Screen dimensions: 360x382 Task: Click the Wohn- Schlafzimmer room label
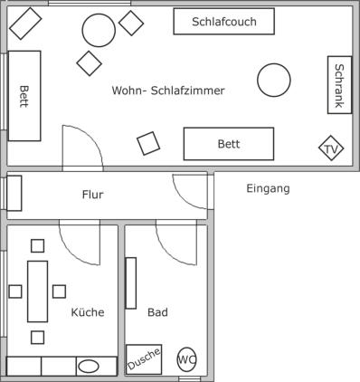click(168, 91)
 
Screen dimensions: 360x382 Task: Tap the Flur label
click(92, 195)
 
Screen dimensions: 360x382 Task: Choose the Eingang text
click(268, 188)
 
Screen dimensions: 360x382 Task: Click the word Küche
click(88, 312)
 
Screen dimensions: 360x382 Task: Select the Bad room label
click(157, 312)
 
